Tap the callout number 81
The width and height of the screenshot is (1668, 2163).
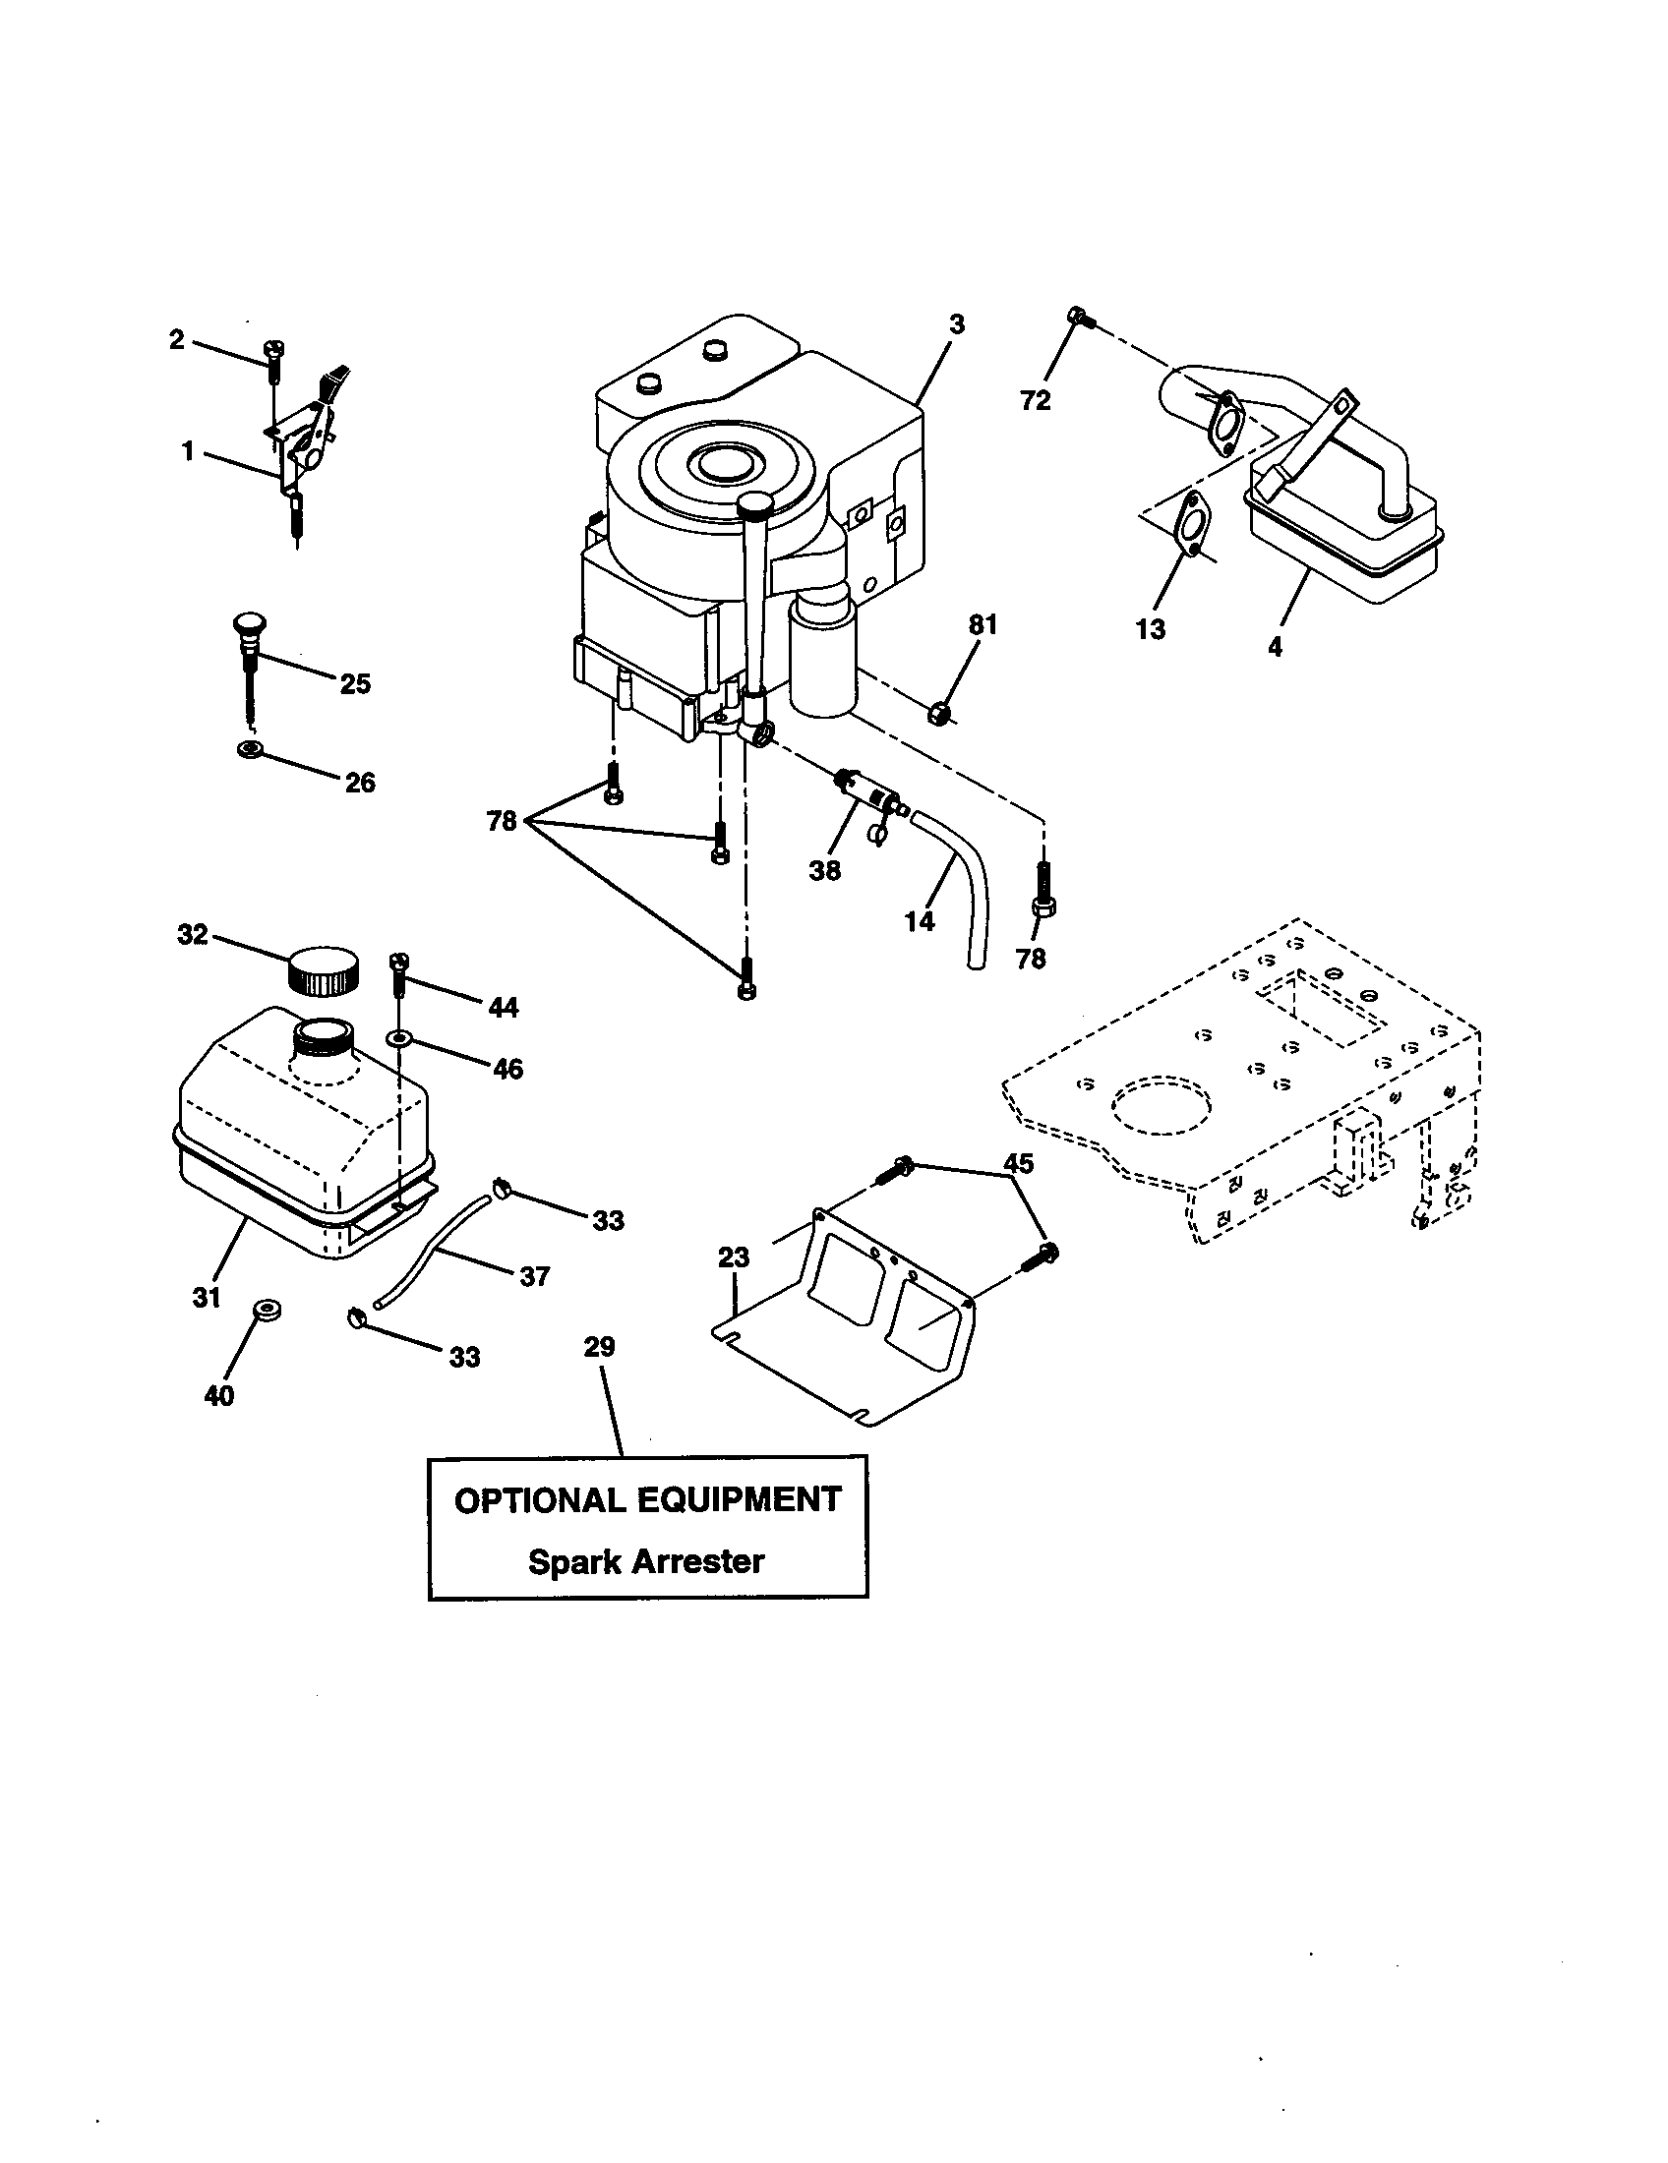(x=983, y=625)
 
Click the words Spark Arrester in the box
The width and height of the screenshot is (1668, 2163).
(x=646, y=1562)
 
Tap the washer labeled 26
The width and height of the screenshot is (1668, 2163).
(x=250, y=750)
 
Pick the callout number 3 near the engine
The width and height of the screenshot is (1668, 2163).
(x=956, y=324)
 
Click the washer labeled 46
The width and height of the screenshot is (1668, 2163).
(x=398, y=1037)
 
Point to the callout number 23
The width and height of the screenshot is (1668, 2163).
(x=734, y=1257)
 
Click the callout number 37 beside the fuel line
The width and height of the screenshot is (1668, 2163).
(x=534, y=1276)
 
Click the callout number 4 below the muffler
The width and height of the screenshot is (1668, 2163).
(x=1275, y=647)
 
